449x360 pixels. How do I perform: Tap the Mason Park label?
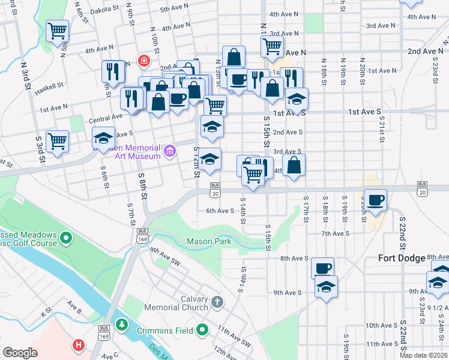[209, 242]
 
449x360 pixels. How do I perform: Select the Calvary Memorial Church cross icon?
[217, 301]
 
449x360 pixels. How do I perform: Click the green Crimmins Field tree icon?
[122, 325]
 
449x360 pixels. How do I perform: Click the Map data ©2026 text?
[423, 355]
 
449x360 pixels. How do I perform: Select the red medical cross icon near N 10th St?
[143, 61]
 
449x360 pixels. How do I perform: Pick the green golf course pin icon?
[66, 240]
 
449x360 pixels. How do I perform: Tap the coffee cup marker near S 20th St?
[376, 200]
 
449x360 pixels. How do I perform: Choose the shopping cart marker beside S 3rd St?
[57, 142]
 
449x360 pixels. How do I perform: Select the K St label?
[46, 313]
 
